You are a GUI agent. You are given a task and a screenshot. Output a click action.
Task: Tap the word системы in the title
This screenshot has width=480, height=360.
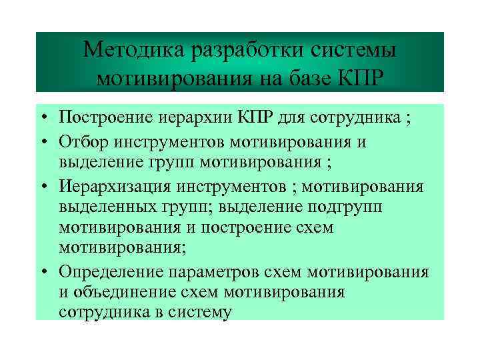(x=351, y=51)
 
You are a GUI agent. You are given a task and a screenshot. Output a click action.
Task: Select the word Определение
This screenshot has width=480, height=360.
(x=112, y=271)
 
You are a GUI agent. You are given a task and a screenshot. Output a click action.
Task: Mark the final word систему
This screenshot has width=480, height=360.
(x=199, y=311)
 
